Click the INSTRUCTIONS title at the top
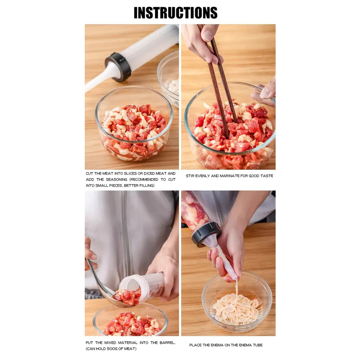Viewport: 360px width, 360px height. pos(175,13)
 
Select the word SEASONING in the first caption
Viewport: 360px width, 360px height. pos(116,180)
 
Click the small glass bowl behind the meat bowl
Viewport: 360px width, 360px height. pos(169,79)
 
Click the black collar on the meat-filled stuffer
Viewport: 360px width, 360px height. pos(205,234)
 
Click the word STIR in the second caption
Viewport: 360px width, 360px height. pos(190,176)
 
